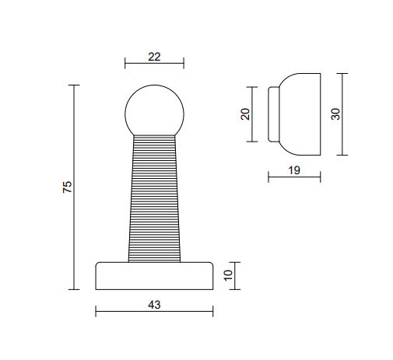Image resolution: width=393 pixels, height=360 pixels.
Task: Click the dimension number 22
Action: [x=153, y=56]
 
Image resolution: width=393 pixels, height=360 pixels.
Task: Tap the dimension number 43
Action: [x=153, y=306]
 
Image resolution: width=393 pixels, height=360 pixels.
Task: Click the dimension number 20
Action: [x=245, y=114]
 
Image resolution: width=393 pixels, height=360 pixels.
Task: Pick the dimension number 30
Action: [x=335, y=114]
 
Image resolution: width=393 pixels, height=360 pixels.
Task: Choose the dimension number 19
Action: [x=294, y=170]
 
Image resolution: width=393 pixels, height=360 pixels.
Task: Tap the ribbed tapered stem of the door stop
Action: [x=154, y=198]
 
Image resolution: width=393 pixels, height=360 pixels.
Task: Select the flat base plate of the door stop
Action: [x=154, y=275]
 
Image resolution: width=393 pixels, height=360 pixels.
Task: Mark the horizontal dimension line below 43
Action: [x=154, y=313]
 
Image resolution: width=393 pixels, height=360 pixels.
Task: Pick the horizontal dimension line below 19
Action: [x=294, y=178]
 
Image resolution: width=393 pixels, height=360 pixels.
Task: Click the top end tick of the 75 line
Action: [x=75, y=86]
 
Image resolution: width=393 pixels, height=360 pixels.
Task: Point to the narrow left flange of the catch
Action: [x=273, y=114]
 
